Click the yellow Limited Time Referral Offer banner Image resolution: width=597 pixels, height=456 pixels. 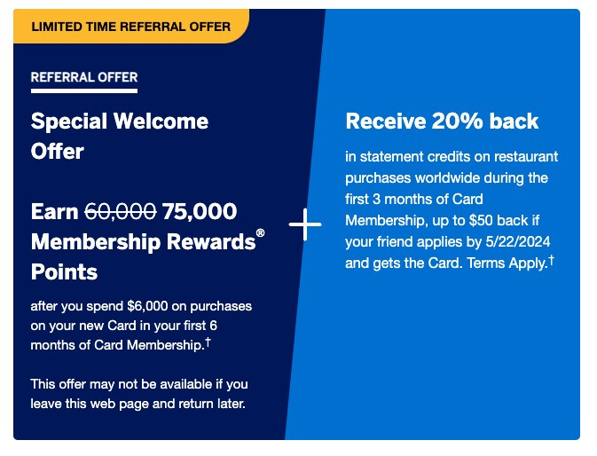pyautogui.click(x=130, y=27)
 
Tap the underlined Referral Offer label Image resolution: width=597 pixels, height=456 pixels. pyautogui.click(x=84, y=77)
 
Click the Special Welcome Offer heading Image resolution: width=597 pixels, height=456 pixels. pyautogui.click(x=120, y=136)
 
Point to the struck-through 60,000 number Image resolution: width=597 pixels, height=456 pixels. pyautogui.click(x=121, y=212)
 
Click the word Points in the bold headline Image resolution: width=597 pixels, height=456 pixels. pyautogui.click(x=64, y=271)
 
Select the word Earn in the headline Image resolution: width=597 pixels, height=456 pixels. pyautogui.click(x=54, y=212)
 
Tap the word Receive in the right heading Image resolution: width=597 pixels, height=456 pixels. pyautogui.click(x=386, y=121)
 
